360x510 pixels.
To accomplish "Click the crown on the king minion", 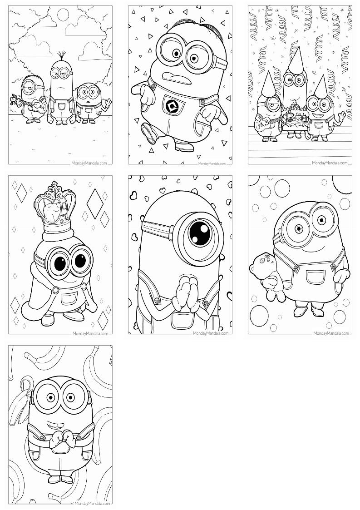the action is pos(53,206).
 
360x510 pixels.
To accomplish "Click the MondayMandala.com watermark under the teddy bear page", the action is pos(331,333).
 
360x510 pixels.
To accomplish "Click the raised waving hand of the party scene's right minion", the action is pos(341,115).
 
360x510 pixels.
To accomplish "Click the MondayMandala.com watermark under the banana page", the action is pos(92,504).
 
